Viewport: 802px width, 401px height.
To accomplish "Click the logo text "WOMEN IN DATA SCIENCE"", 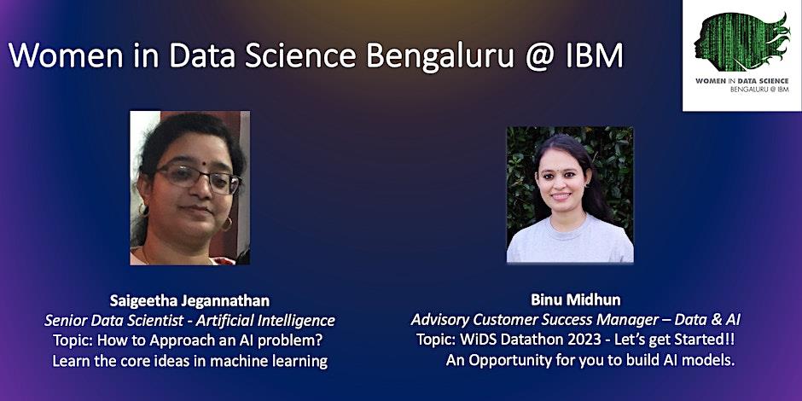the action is (x=741, y=81).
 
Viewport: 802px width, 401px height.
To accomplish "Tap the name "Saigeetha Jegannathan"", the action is (x=189, y=300).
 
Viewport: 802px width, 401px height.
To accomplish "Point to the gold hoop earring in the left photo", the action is (x=226, y=224).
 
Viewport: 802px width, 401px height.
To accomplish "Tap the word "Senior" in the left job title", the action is (x=63, y=321).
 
